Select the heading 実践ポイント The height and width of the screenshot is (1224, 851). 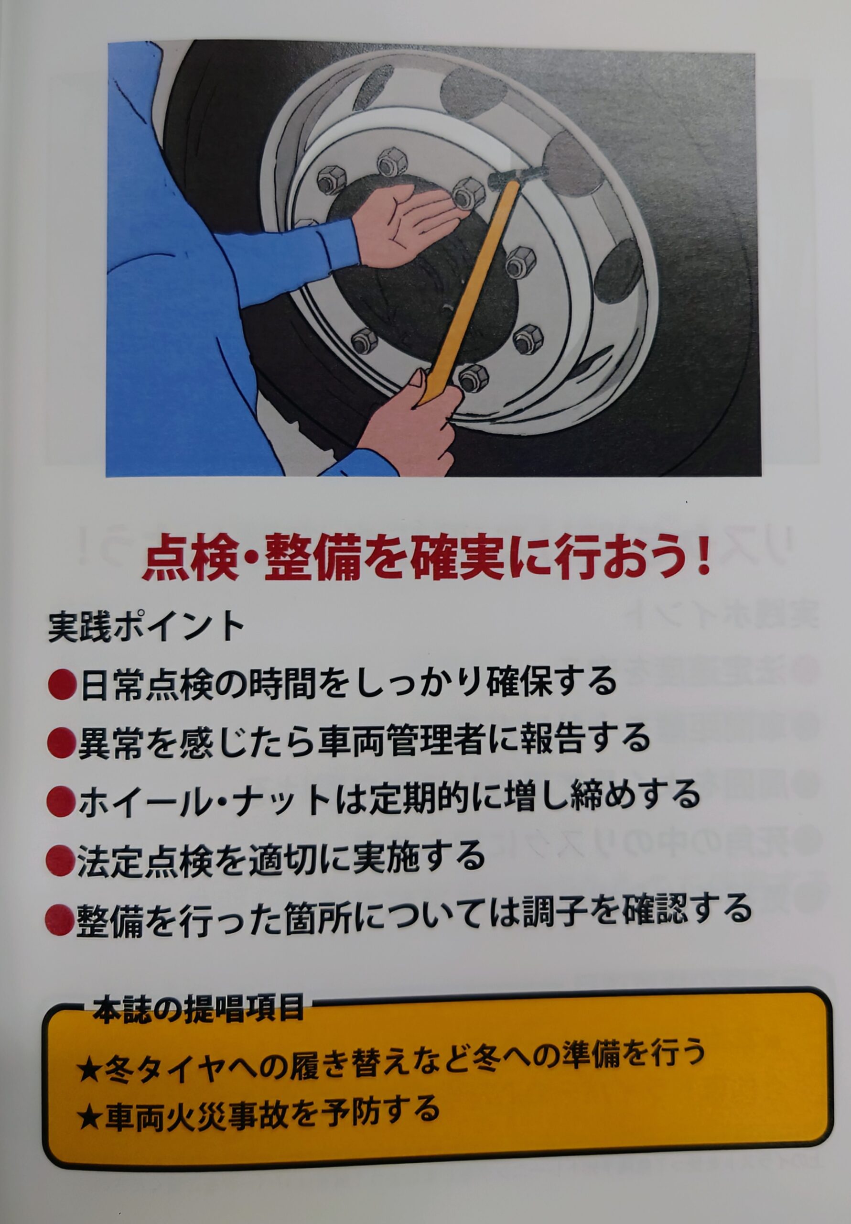(145, 629)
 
